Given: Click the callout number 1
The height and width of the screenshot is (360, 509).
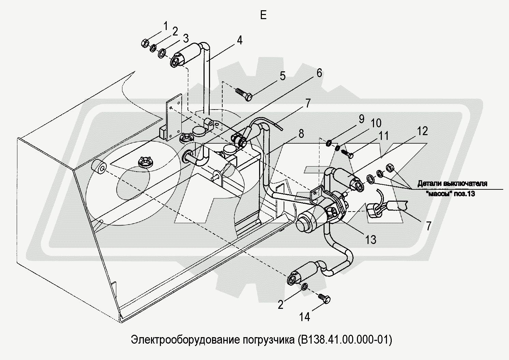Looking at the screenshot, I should (x=165, y=26).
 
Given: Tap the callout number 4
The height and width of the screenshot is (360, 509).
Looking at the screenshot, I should (x=239, y=41).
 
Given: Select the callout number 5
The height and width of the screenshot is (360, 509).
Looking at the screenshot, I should (x=283, y=76).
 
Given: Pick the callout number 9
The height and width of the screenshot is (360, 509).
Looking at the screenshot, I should (x=361, y=119).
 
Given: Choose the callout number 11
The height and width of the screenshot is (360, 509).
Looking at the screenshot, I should (x=384, y=136).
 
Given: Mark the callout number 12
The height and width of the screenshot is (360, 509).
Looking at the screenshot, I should (x=422, y=131).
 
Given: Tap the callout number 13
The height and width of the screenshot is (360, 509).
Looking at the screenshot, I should (x=371, y=240).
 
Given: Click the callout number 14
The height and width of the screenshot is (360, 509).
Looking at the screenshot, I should (x=304, y=317).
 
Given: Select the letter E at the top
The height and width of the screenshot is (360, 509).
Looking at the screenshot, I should (x=263, y=15).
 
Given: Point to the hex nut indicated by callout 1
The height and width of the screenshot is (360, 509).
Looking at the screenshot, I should (x=144, y=43).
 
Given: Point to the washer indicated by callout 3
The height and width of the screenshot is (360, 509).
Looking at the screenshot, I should (x=162, y=54).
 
